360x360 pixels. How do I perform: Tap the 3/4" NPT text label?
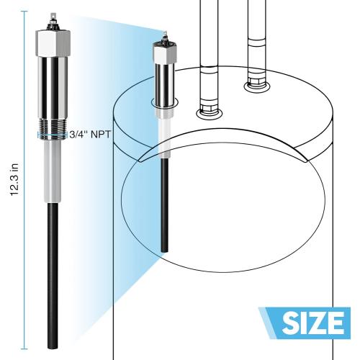tap(90, 134)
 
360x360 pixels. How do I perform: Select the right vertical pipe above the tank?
tap(255, 36)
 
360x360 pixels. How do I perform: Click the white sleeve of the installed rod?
tap(164, 133)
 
